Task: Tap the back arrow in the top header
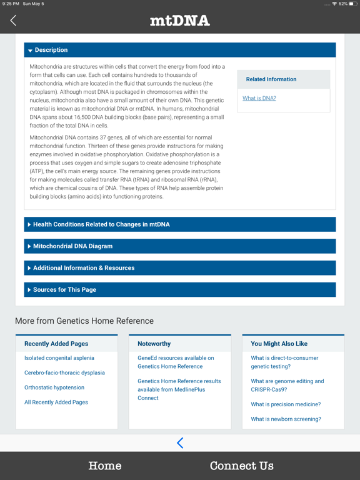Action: pyautogui.click(x=13, y=21)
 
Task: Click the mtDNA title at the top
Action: pyautogui.click(x=180, y=21)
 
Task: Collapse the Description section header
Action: pyautogui.click(x=180, y=50)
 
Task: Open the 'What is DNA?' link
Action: pyautogui.click(x=259, y=98)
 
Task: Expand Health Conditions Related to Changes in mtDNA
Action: pyautogui.click(x=180, y=224)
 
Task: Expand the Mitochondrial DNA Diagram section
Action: pyautogui.click(x=180, y=246)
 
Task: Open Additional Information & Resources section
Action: pyautogui.click(x=180, y=268)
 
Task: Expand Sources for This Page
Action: pyautogui.click(x=180, y=290)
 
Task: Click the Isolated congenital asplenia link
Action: pyautogui.click(x=59, y=358)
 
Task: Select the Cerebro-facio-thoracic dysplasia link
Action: pyautogui.click(x=64, y=372)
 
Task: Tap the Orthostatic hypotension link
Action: pyautogui.click(x=54, y=387)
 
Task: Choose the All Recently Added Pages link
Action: pyautogui.click(x=56, y=402)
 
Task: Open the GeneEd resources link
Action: pyautogui.click(x=176, y=362)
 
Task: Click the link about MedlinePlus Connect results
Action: pyautogui.click(x=179, y=389)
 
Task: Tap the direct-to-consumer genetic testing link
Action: pyautogui.click(x=284, y=362)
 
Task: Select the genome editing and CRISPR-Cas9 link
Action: pyautogui.click(x=287, y=385)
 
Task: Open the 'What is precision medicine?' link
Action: pyautogui.click(x=286, y=404)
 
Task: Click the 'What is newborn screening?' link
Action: pyautogui.click(x=286, y=419)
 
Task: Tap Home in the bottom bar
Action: pyautogui.click(x=105, y=466)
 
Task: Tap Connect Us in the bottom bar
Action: pyautogui.click(x=241, y=466)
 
